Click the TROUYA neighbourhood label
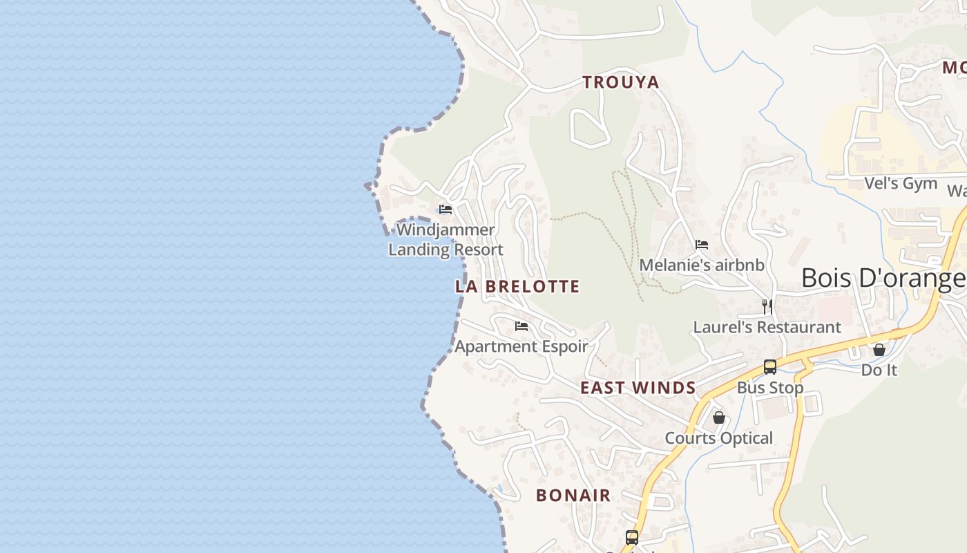click(x=620, y=82)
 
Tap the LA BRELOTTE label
click(x=517, y=286)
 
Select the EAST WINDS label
click(x=638, y=388)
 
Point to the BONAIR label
click(x=573, y=495)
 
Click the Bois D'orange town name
click(x=883, y=279)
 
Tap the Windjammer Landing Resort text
click(x=446, y=239)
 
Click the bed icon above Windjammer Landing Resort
click(x=446, y=209)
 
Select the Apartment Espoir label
click(x=521, y=346)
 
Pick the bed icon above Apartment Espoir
click(x=521, y=326)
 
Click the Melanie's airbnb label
click(x=702, y=265)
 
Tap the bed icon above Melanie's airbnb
click(x=702, y=244)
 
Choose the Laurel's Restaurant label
click(x=767, y=327)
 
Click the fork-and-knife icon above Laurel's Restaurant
click(x=767, y=306)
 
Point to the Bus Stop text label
click(x=770, y=388)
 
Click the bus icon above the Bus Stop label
click(x=770, y=367)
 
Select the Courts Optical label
click(x=718, y=438)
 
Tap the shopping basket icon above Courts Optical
click(x=719, y=418)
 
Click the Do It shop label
click(x=879, y=370)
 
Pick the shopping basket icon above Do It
click(x=879, y=350)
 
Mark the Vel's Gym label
click(x=901, y=183)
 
